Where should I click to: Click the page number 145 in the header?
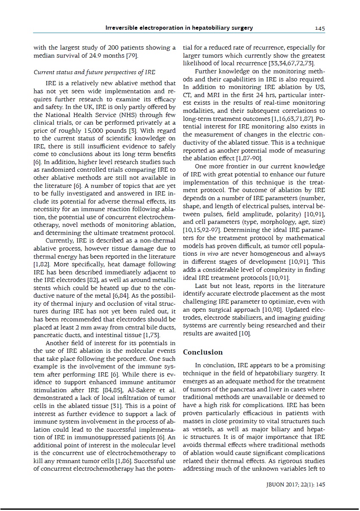tap(320, 28)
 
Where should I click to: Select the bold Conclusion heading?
tap(203, 352)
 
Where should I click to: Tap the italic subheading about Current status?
tap(94, 72)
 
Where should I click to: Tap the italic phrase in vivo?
tap(207, 254)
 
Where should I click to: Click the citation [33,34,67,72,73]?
tap(292, 63)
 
